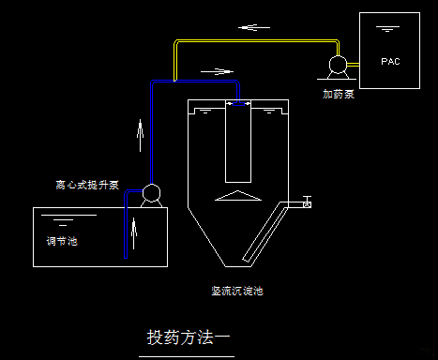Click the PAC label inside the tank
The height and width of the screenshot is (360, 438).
(x=390, y=62)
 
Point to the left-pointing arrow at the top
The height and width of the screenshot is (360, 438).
(x=249, y=26)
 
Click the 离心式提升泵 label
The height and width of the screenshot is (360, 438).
(x=87, y=185)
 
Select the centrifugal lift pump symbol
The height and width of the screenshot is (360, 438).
(x=150, y=195)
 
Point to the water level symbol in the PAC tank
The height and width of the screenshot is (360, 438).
(x=385, y=31)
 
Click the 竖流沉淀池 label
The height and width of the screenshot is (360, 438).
(x=237, y=292)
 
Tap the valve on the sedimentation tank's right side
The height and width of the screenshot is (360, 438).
(x=306, y=202)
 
